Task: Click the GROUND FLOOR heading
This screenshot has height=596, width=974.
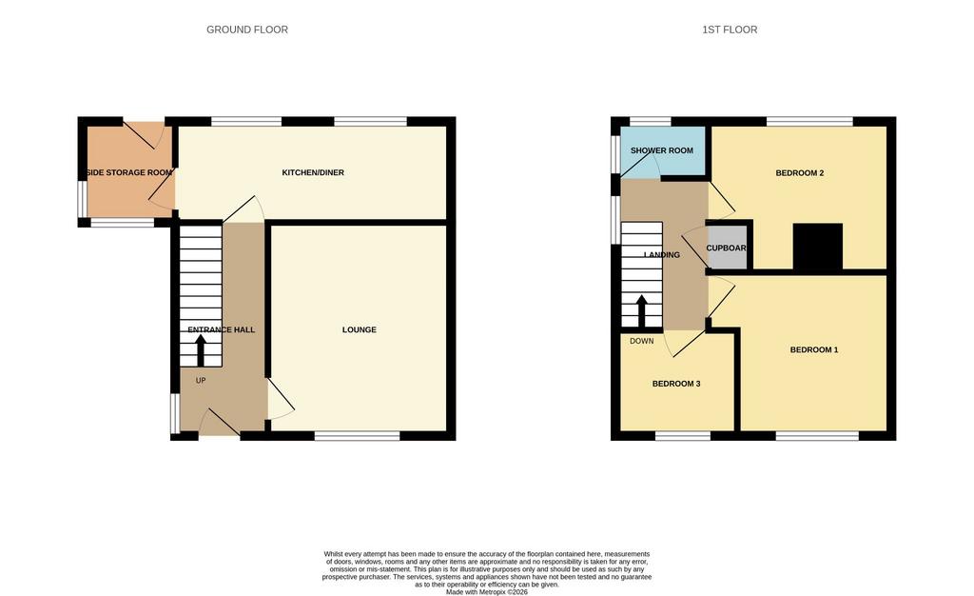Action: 247,30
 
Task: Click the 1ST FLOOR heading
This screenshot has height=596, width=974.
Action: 730,30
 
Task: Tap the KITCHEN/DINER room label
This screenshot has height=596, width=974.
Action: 313,172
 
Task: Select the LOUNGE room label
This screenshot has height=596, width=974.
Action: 359,329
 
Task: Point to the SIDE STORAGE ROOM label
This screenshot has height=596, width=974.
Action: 129,172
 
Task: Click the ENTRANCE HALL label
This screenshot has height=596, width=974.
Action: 221,329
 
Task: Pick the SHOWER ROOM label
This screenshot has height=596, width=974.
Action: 662,150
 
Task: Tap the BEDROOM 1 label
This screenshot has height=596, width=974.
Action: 814,349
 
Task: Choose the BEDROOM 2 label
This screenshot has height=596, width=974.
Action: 799,172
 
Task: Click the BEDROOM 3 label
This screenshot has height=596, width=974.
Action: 676,384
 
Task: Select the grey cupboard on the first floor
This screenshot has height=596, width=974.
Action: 728,248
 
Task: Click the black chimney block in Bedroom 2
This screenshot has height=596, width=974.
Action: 817,247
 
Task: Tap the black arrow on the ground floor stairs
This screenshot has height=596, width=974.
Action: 201,350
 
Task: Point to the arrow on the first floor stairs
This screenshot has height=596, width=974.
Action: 641,310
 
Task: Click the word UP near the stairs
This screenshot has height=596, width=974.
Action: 201,380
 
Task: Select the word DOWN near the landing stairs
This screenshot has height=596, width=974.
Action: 642,341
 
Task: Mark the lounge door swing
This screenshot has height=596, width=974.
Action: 282,399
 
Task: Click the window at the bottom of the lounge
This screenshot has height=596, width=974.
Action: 358,436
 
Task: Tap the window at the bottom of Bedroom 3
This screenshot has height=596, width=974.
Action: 683,436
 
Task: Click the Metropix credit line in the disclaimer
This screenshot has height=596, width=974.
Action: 486,592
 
